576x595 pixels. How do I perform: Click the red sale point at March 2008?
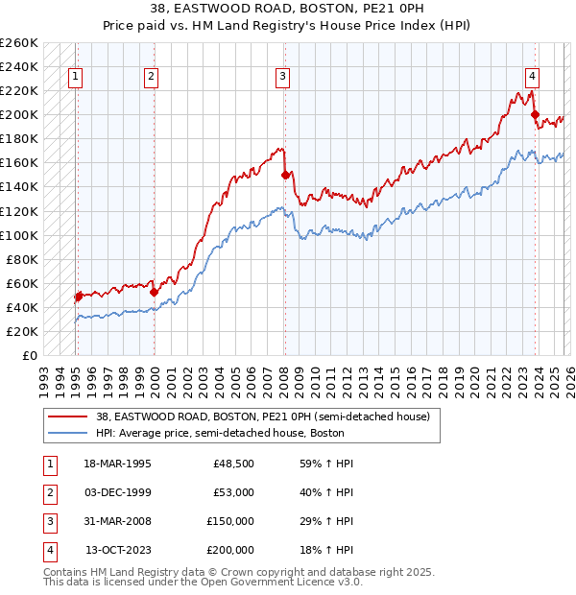(x=285, y=175)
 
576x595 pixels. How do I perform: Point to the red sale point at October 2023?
(x=535, y=114)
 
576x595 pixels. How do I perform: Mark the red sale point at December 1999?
(x=154, y=291)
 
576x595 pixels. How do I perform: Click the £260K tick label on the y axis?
(x=19, y=43)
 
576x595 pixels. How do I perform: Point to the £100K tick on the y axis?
(x=19, y=235)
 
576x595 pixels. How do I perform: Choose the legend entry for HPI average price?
(x=220, y=433)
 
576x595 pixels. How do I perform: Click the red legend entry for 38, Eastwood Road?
(x=268, y=416)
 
